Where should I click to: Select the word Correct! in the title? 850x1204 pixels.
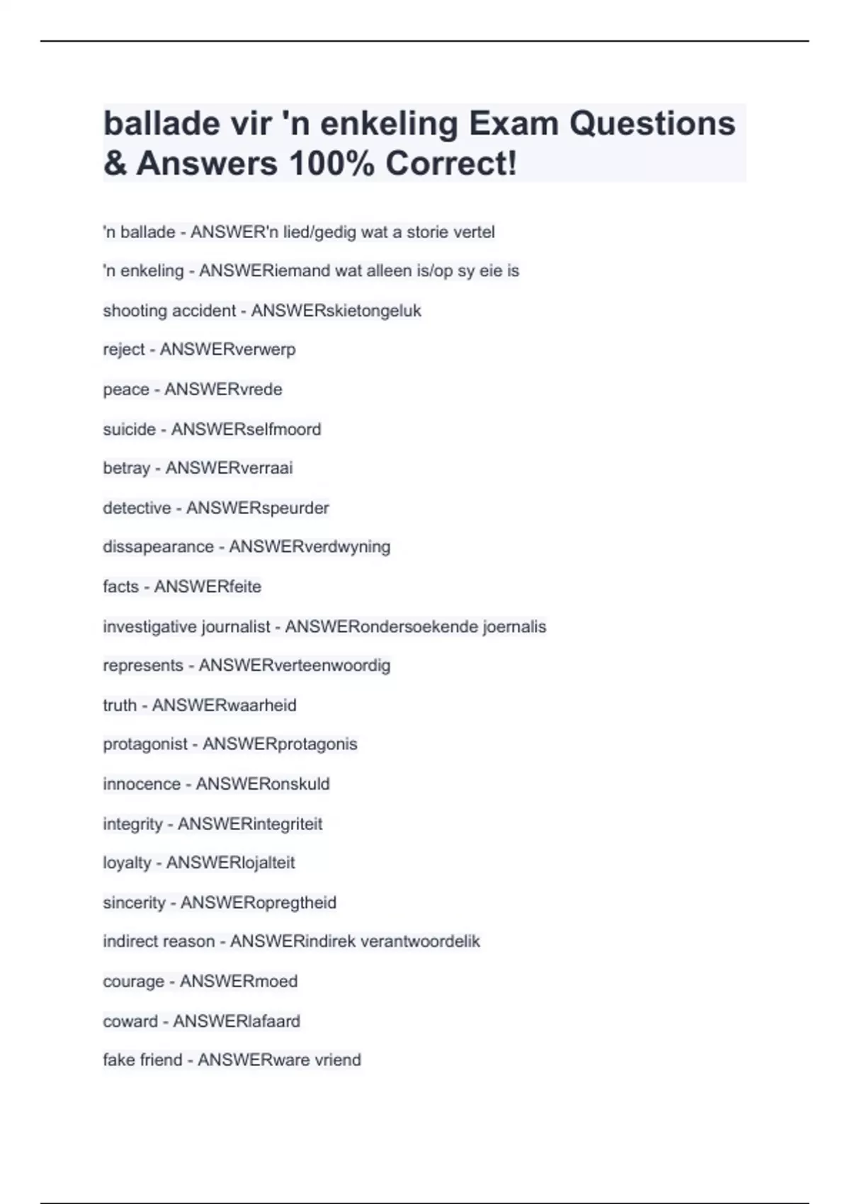point(451,164)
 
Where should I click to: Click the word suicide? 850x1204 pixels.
point(129,429)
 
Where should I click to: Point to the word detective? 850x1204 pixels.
point(137,508)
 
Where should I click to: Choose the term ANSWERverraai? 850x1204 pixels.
point(229,468)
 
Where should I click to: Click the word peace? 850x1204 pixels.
point(126,390)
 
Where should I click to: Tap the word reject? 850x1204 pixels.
point(124,350)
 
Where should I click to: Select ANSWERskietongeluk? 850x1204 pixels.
point(336,311)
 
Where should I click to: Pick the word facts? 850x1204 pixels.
point(120,586)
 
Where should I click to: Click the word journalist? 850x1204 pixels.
point(236,627)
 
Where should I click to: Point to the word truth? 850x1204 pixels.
point(120,705)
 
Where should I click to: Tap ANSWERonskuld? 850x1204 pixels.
point(263,784)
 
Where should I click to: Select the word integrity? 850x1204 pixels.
point(132,824)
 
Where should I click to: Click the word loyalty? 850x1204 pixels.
point(127,863)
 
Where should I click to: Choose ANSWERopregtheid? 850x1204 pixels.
point(259,903)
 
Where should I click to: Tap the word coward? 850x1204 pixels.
point(130,1021)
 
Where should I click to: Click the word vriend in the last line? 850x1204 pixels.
point(338,1060)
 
